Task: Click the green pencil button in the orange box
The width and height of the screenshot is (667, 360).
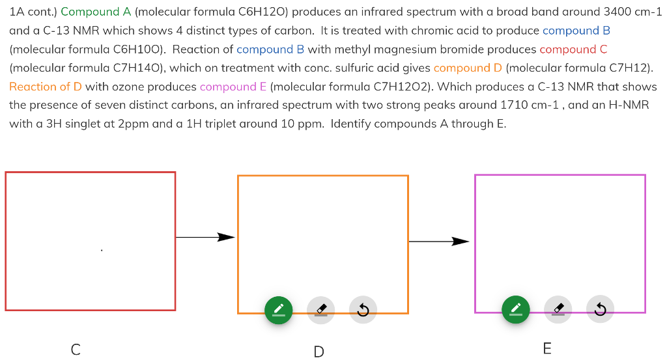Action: coord(278,309)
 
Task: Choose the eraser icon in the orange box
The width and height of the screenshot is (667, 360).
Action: coord(320,309)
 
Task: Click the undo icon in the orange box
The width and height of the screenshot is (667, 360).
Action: coord(363,309)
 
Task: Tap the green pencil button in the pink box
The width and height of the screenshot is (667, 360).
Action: coord(515,309)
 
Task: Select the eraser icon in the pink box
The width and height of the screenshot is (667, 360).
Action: coord(558,309)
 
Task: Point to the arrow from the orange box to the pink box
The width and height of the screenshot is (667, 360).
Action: coord(440,242)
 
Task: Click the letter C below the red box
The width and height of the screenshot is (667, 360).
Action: coord(76,350)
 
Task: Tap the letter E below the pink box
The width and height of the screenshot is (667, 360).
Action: coord(547,349)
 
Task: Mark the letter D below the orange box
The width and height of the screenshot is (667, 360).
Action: coord(319,352)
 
